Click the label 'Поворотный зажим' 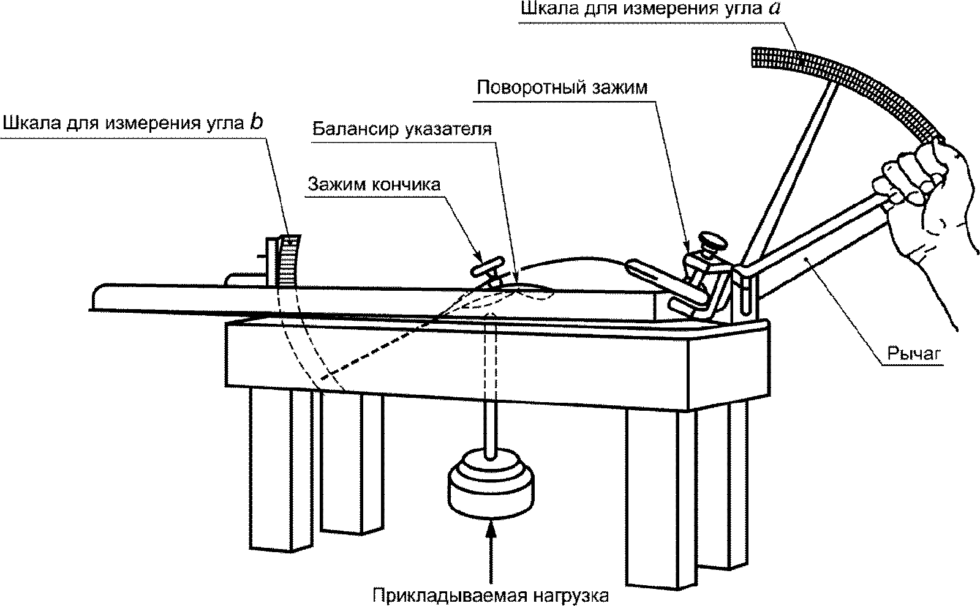click(x=562, y=88)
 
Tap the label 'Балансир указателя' click(x=402, y=129)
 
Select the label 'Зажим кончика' click(x=374, y=184)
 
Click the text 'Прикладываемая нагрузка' click(x=491, y=596)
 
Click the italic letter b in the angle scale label click(x=257, y=122)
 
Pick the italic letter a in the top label click(x=774, y=9)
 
